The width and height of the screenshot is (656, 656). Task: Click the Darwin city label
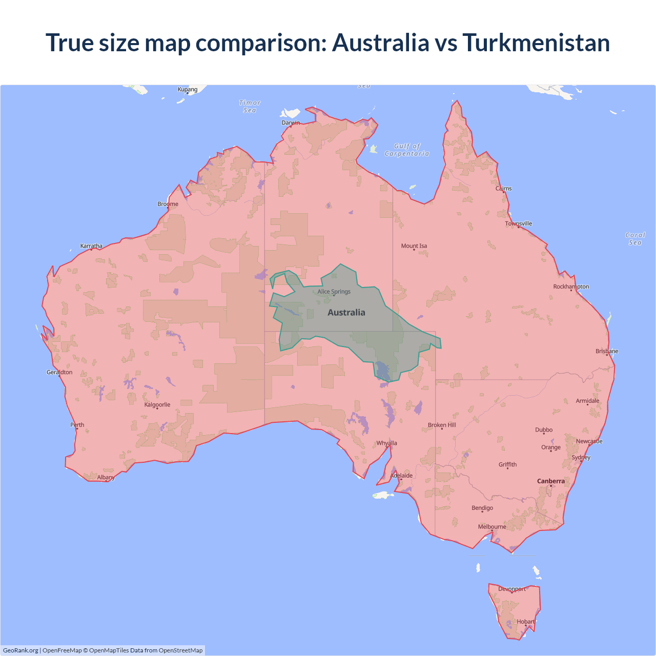click(x=291, y=122)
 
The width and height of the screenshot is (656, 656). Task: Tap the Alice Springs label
click(x=334, y=292)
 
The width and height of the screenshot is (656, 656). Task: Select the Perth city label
click(x=77, y=425)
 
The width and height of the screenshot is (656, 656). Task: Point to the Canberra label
click(x=551, y=481)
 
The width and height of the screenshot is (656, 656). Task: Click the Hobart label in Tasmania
click(x=525, y=622)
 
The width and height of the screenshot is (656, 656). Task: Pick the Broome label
click(x=168, y=204)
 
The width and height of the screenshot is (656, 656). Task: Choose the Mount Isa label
click(x=414, y=246)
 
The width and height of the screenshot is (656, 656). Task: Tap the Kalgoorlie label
click(x=157, y=405)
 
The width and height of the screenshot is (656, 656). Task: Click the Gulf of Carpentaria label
click(x=407, y=150)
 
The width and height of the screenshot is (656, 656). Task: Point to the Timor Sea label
click(x=250, y=107)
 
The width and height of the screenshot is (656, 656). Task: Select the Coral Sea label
click(x=635, y=239)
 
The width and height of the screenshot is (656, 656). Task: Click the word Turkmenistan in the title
click(x=536, y=43)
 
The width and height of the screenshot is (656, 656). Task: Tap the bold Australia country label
click(x=346, y=313)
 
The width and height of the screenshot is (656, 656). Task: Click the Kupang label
click(x=188, y=89)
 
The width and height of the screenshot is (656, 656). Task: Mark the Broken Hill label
click(x=442, y=425)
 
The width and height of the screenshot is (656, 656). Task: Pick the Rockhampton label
click(x=571, y=286)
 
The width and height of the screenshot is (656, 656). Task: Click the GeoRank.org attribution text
click(x=20, y=650)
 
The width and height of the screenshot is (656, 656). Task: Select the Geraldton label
click(x=59, y=372)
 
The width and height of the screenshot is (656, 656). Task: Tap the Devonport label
click(x=512, y=589)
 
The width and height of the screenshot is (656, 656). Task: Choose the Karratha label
click(x=91, y=246)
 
